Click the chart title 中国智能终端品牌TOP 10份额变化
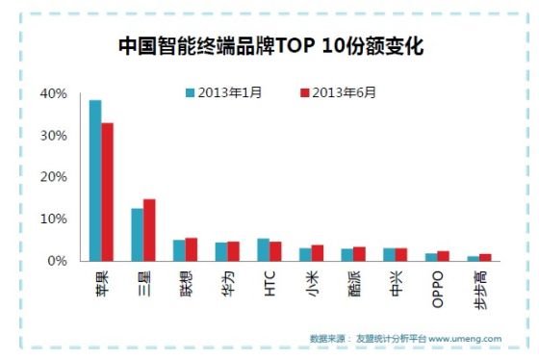pos(269,44)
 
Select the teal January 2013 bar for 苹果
pos(95,180)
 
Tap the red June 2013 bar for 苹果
pos(108,192)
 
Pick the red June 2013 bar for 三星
pos(149,230)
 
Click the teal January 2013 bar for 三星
pos(137,235)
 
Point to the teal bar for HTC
pos(263,250)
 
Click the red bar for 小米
pos(318,253)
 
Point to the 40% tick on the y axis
pos(54,94)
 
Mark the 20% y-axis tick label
pos(54,177)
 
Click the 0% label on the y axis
pos(57,261)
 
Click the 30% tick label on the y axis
pos(54,136)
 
